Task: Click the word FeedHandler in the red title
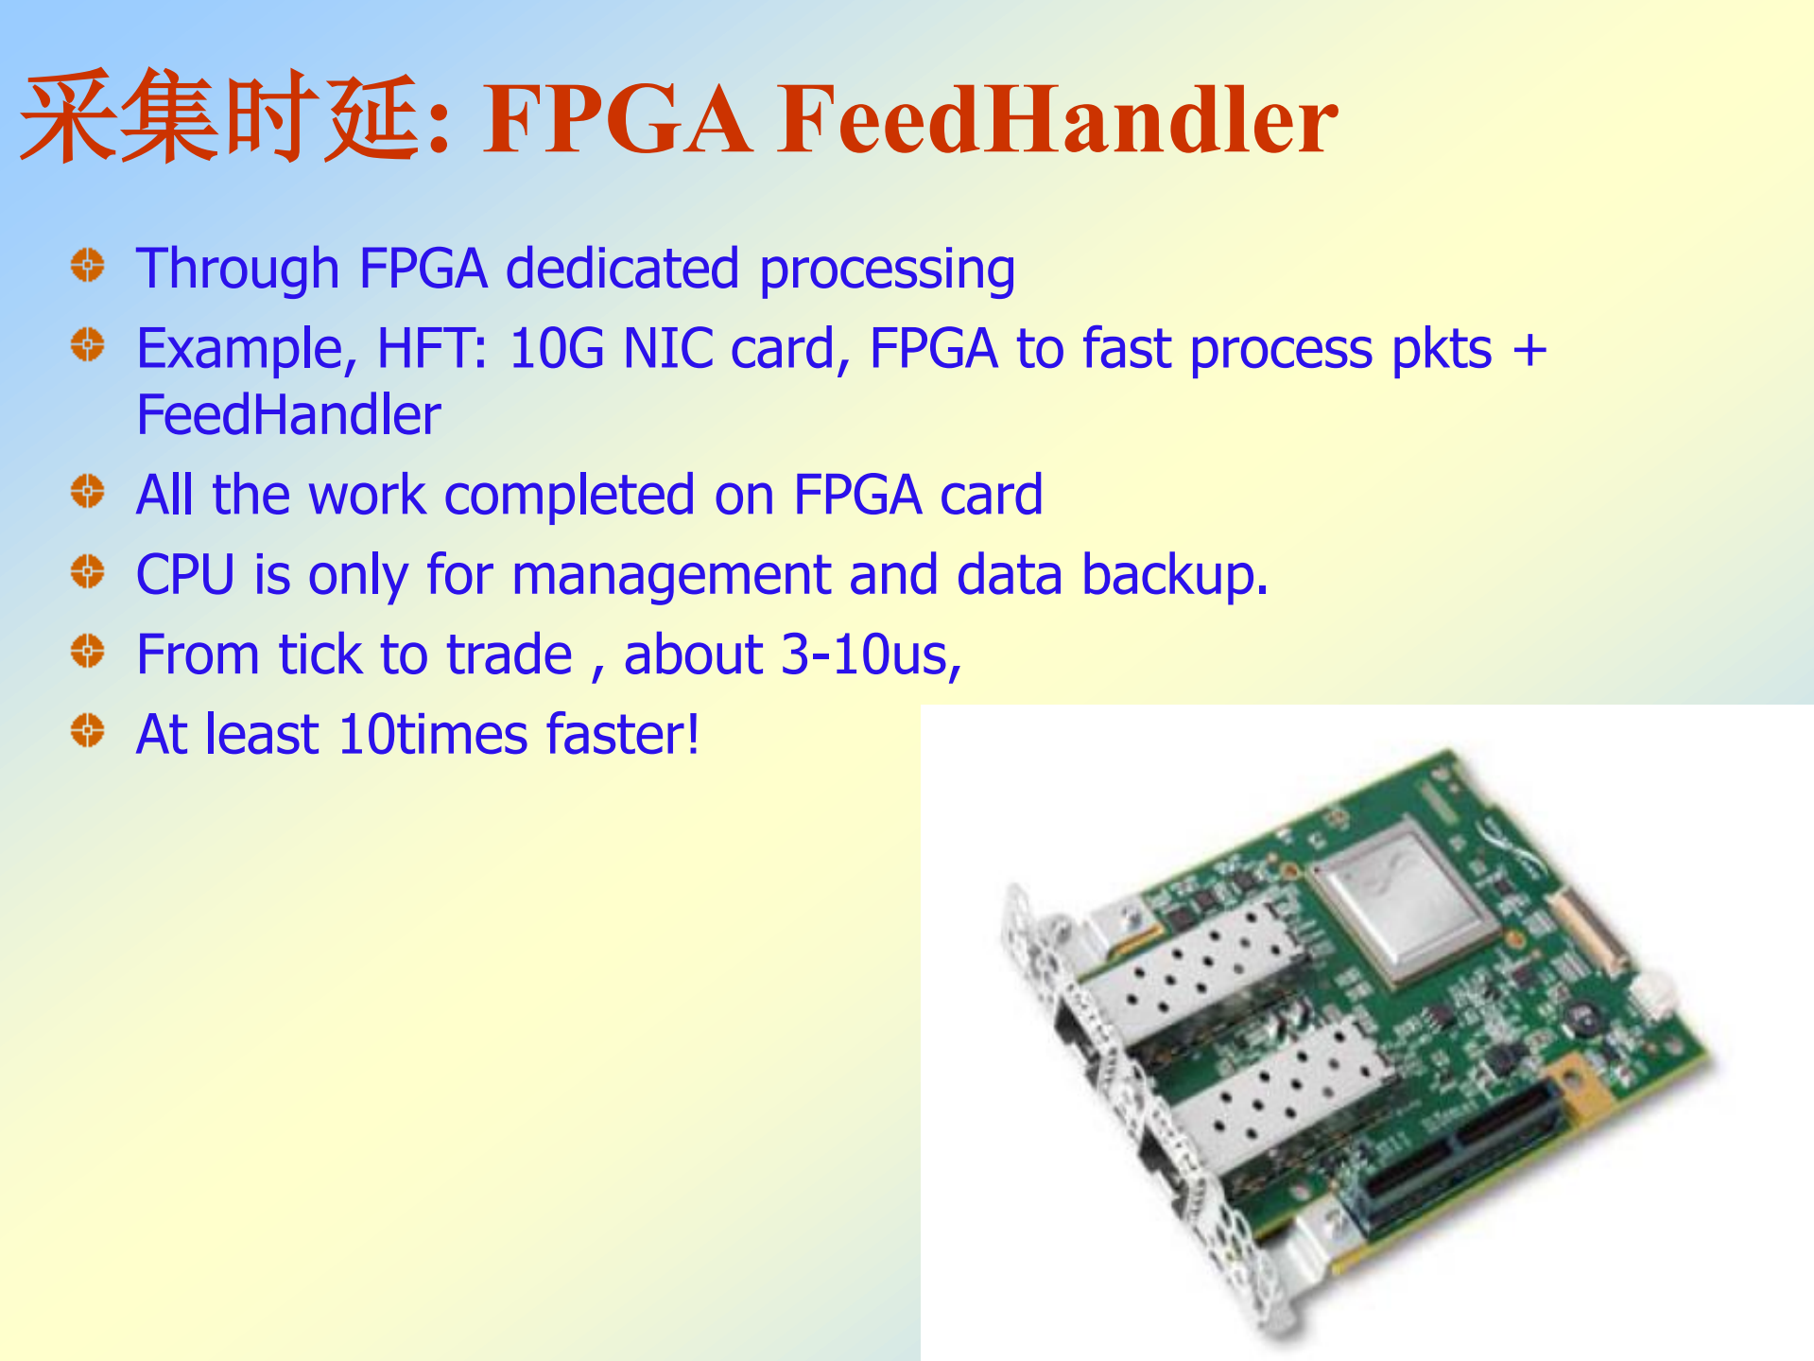click(x=1058, y=119)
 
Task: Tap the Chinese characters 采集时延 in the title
click(x=220, y=117)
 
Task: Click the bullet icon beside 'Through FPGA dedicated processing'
click(x=88, y=266)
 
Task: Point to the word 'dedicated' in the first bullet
click(x=622, y=269)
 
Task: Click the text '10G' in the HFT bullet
click(x=556, y=349)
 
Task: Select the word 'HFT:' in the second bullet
click(x=432, y=349)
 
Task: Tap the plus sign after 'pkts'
click(x=1529, y=350)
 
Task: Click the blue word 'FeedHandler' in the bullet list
click(x=288, y=415)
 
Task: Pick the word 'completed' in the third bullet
click(x=569, y=496)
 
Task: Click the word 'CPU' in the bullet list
click(x=185, y=575)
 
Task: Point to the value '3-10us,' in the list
click(x=871, y=655)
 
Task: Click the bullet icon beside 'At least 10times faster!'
click(x=88, y=730)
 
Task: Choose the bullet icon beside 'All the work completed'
click(x=88, y=491)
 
